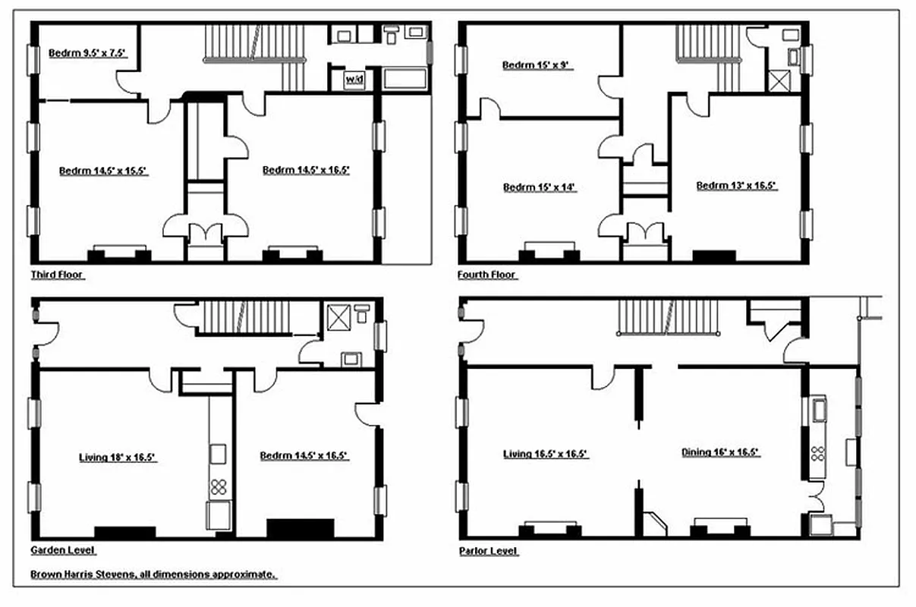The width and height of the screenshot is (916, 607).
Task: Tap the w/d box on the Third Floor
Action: pyautogui.click(x=354, y=80)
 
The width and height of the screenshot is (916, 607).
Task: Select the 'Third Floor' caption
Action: pyautogui.click(x=57, y=275)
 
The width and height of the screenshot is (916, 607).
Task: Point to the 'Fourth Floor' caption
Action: pyautogui.click(x=486, y=275)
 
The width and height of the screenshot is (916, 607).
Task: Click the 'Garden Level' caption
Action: pyautogui.click(x=63, y=550)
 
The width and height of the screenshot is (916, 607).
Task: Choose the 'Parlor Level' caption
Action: pyautogui.click(x=489, y=551)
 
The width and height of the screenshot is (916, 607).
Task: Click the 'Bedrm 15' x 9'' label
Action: pyautogui.click(x=537, y=65)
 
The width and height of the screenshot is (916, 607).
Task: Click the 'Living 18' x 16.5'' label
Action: pyautogui.click(x=118, y=458)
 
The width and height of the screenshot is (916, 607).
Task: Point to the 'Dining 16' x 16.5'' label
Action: pyautogui.click(x=720, y=452)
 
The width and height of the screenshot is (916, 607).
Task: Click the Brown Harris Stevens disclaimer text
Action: pyautogui.click(x=153, y=575)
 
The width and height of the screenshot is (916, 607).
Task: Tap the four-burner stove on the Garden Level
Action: pyautogui.click(x=219, y=486)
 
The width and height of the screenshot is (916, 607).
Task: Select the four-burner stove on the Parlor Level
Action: pyautogui.click(x=818, y=453)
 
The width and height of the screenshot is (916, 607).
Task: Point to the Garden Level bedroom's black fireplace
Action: pyautogui.click(x=300, y=528)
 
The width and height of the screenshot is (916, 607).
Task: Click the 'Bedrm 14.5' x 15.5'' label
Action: pyautogui.click(x=102, y=171)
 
